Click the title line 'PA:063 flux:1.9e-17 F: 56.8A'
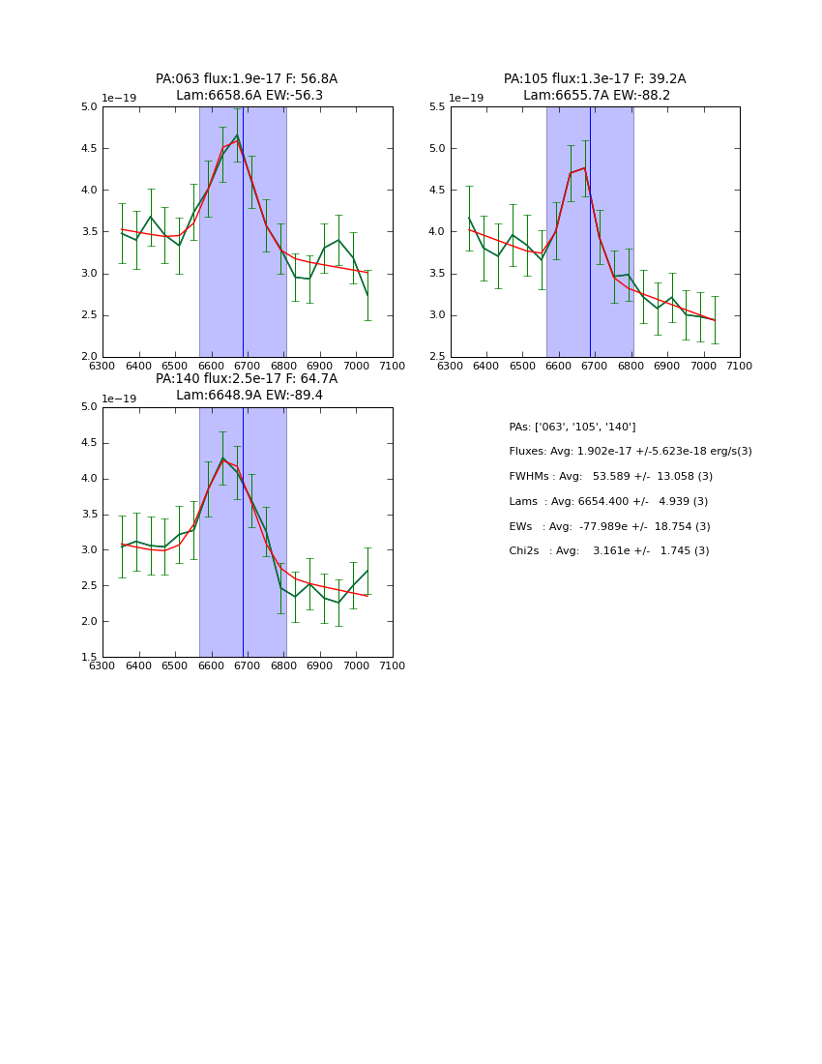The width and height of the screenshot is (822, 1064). coord(247,79)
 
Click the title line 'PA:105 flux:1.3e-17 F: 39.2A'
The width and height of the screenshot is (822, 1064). coord(595,79)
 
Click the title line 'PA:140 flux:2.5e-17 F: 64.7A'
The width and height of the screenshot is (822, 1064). coord(247,379)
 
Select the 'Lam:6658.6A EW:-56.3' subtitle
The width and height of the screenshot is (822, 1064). coord(250,96)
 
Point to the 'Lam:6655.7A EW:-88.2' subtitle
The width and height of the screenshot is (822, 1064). coord(597,96)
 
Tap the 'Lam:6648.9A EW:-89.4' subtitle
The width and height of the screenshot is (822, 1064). coord(250,396)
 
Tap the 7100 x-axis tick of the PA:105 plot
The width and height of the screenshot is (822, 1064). coord(740,366)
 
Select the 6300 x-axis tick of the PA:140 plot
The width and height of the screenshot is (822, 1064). coord(103,665)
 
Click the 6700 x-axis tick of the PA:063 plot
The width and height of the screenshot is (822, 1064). coord(248,366)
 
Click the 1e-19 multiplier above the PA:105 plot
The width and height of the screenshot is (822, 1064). coord(466,99)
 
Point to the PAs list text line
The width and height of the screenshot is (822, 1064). coord(572,427)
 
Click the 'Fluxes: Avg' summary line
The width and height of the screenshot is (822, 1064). coord(630,452)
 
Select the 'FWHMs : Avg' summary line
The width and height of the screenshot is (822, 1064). coord(610,477)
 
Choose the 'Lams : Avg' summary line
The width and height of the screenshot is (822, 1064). coord(608,502)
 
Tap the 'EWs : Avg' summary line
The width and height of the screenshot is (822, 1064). coord(609,526)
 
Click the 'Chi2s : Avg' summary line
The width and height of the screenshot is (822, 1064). coord(608,551)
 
